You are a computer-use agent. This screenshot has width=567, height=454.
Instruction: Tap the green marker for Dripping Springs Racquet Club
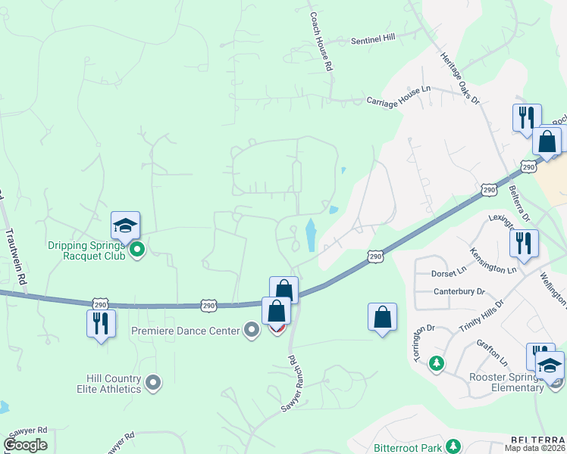(137, 249)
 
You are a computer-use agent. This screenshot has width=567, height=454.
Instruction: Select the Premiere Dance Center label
(184, 330)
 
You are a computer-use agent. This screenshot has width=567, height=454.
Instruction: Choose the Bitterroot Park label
(408, 447)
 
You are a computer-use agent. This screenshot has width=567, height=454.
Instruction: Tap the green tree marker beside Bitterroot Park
(453, 446)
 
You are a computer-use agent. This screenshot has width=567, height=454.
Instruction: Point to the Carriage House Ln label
(398, 95)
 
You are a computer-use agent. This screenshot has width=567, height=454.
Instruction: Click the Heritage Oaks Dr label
(461, 78)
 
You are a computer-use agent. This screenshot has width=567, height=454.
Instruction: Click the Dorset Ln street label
(450, 272)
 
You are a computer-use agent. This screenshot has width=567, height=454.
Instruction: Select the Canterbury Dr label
(459, 291)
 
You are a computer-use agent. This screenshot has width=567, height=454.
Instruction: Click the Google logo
(25, 445)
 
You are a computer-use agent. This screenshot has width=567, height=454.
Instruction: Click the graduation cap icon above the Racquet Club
(125, 225)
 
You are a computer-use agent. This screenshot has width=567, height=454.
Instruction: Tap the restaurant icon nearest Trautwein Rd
(101, 323)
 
